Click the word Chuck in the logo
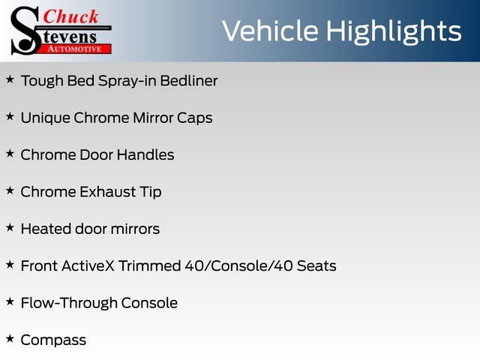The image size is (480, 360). coord(70,16)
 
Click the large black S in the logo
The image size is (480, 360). coord(25,31)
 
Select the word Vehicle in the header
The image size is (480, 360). coord(270,31)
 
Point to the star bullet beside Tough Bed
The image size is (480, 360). coord(10,79)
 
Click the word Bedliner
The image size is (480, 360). coord(189,81)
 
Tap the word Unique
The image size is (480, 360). coord(45,118)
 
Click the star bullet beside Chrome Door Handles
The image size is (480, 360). coord(10,154)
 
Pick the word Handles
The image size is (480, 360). coord(145,154)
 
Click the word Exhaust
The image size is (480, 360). coord(108,192)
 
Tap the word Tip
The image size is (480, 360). coord(151,193)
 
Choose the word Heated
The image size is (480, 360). coord(46,229)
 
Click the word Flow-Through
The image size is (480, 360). coord(68,303)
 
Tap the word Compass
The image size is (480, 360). coord(53,340)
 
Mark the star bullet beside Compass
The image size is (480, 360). coord(10,339)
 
